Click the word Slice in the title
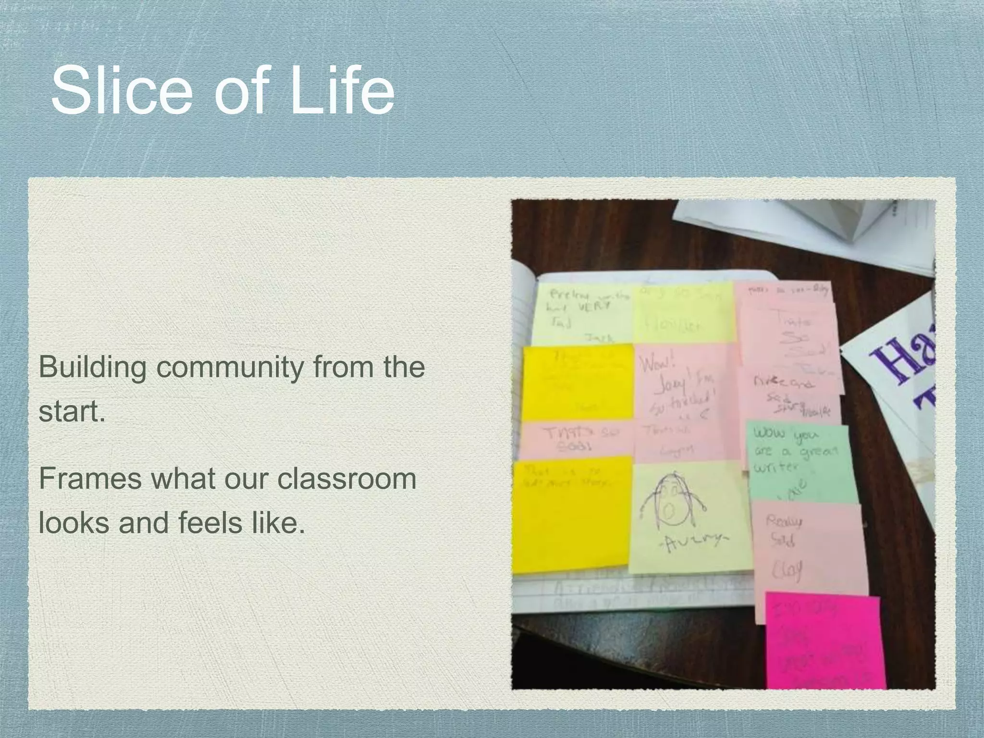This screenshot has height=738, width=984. (121, 90)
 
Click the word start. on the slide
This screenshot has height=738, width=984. (72, 412)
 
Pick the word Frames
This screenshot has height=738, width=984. (90, 479)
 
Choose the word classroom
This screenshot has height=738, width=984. (346, 479)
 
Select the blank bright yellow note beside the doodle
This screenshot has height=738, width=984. (572, 517)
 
